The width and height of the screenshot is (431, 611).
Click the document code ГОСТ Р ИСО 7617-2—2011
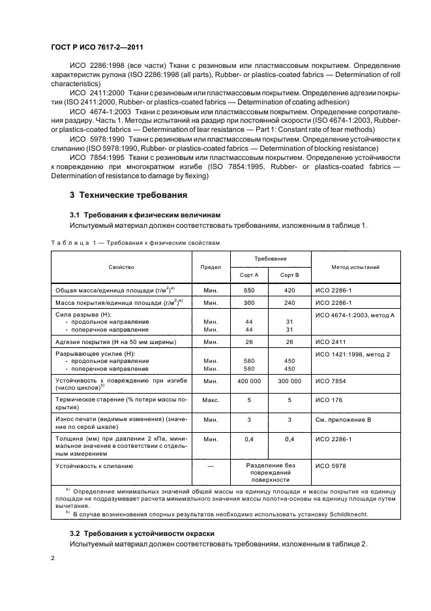[x=97, y=47]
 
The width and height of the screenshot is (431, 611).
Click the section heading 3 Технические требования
[x=128, y=195]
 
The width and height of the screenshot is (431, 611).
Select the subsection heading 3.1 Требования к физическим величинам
[x=145, y=214]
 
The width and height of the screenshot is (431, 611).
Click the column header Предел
[x=210, y=267]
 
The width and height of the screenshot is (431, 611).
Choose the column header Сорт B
[x=290, y=275]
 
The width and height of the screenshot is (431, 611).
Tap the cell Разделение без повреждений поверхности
[x=271, y=473]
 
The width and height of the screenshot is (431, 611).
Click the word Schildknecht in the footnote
[x=349, y=514]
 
